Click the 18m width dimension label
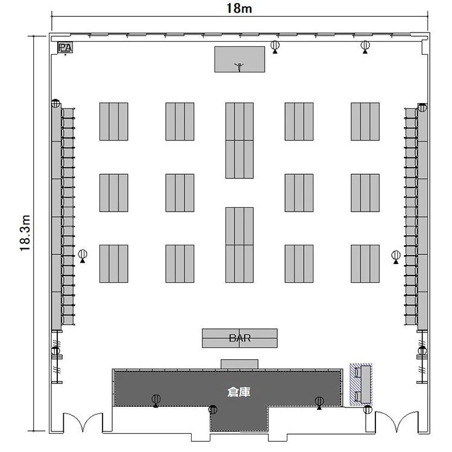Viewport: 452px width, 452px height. tap(239, 8)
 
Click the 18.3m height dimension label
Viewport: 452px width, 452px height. tap(25, 233)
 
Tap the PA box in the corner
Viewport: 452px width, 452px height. tap(65, 48)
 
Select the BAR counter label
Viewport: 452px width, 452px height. tap(239, 338)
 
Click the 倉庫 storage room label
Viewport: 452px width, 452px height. tap(239, 392)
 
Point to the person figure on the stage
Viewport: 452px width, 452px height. tap(239, 67)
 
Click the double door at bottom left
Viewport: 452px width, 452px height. tap(83, 422)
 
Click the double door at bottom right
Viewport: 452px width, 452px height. tap(397, 422)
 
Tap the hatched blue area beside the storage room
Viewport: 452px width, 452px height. tap(361, 385)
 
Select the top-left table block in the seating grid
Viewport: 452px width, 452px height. tap(114, 122)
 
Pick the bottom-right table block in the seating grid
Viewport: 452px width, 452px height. tap(365, 264)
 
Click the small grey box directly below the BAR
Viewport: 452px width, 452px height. tap(239, 364)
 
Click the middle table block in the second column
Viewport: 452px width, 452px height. tap(180, 193)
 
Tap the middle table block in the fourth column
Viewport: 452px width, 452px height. tap(299, 193)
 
